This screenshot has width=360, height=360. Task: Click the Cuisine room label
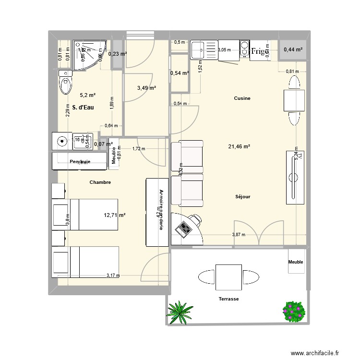242,98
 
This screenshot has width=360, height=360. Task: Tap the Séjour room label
243,197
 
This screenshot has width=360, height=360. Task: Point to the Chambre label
100,182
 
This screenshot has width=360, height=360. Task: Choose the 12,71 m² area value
115,215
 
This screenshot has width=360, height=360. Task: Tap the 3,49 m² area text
146,88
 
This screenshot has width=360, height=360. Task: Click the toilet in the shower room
64,84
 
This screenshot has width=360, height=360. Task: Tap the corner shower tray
87,54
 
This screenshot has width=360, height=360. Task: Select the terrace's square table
228,276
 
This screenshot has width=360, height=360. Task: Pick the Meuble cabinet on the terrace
296,262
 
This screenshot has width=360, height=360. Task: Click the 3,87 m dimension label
238,235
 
